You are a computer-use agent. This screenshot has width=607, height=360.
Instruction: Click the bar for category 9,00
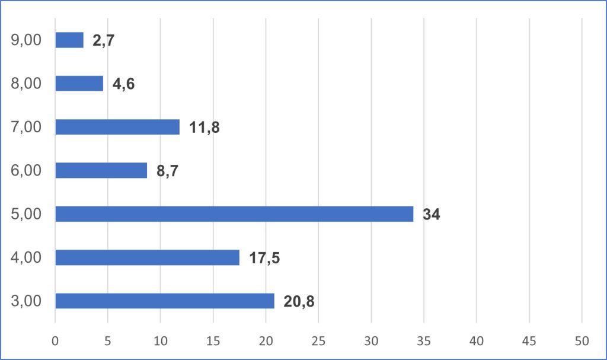coord(69,40)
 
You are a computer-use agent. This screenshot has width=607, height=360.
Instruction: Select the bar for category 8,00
coord(79,83)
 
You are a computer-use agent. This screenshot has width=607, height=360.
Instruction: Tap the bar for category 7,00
coord(117,127)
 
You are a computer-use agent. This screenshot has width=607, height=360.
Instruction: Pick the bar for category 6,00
coord(101,170)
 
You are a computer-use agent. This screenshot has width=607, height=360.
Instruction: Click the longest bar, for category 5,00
coord(234,214)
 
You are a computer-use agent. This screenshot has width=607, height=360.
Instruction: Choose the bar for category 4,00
coord(148,257)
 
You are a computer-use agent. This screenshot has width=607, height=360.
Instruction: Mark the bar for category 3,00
coord(165,301)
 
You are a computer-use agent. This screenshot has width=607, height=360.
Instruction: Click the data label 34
coord(431,215)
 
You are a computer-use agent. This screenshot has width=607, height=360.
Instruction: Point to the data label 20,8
coord(299,301)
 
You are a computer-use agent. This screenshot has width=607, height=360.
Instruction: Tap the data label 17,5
coord(264,258)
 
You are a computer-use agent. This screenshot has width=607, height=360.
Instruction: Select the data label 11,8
coord(205,128)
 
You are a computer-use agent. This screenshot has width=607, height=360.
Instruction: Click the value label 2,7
coord(103,40)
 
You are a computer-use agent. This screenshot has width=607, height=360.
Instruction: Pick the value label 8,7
coord(168,171)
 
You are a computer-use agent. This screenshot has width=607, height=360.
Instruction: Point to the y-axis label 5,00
coord(26,214)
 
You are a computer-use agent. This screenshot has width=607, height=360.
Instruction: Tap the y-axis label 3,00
coord(26,301)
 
